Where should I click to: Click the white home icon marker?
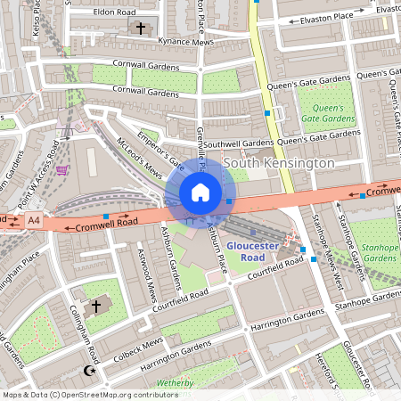[x=200, y=192]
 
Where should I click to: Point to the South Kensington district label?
[x=279, y=163]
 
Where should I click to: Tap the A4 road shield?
[x=34, y=218]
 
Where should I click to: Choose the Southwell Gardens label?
[x=238, y=143]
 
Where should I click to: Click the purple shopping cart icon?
[x=61, y=169]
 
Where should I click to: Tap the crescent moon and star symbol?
[x=87, y=370]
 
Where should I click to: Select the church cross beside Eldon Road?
[x=138, y=29]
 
